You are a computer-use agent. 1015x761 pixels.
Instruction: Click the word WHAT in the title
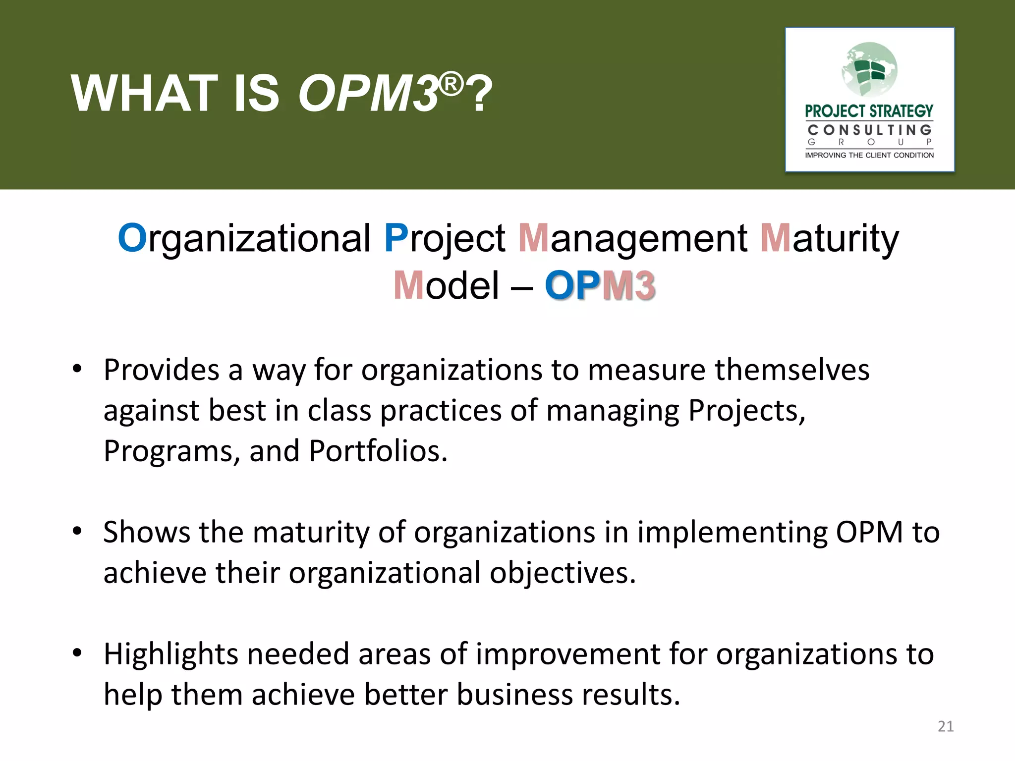point(144,94)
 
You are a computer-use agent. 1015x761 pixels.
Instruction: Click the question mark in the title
point(479,94)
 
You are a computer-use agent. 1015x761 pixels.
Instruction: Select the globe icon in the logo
point(870,69)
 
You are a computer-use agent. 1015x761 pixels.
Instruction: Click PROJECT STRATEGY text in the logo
point(869,111)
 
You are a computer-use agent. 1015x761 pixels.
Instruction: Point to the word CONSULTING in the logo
point(869,130)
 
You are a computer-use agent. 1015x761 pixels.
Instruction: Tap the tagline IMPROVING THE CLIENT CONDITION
point(869,155)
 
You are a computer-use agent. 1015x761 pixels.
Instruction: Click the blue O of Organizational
point(132,238)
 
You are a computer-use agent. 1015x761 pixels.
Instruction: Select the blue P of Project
point(396,238)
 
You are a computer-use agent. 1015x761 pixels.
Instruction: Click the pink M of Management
point(533,238)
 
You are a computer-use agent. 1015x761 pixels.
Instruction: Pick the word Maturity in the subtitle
point(829,238)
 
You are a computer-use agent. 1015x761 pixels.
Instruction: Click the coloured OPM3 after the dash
point(600,286)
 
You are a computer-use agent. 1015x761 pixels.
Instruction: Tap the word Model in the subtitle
point(446,286)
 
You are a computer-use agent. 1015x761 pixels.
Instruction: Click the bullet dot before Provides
point(77,369)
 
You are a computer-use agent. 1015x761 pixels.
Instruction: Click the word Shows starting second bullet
point(146,532)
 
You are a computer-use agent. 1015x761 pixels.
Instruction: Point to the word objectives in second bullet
point(563,573)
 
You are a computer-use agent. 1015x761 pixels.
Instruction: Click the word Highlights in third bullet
point(171,654)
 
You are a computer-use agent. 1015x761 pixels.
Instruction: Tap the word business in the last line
point(514,695)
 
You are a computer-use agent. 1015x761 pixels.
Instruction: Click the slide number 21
point(946,726)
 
